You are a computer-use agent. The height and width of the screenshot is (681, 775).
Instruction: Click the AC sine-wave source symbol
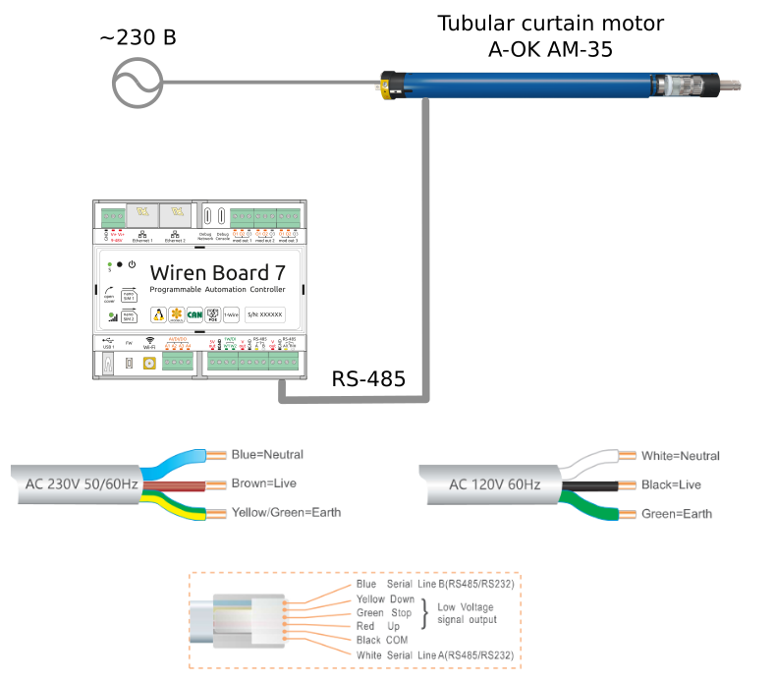point(138,81)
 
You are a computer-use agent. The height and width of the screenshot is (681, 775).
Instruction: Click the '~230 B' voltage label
point(138,38)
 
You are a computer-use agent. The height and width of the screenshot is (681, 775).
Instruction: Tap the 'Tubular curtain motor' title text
point(550,23)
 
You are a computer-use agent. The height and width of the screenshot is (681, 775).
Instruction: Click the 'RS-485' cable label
point(367,379)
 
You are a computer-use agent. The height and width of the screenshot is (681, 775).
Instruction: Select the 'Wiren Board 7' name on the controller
point(217,271)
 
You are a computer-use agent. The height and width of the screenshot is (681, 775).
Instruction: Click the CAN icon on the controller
point(194,314)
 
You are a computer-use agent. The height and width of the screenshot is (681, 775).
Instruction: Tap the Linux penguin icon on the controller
point(157,314)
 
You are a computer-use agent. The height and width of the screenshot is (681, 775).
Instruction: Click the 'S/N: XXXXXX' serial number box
point(264,314)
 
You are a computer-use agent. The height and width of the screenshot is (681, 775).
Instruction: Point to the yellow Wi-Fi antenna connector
point(148,364)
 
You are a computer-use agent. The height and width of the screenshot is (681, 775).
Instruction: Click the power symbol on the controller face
point(132,264)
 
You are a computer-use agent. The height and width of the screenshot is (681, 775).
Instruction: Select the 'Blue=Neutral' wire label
point(267,455)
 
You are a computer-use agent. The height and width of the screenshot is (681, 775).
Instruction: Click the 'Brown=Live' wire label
point(263,483)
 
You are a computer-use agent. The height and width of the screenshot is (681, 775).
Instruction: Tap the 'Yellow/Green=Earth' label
point(286,513)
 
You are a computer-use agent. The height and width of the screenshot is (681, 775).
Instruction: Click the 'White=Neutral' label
point(680,456)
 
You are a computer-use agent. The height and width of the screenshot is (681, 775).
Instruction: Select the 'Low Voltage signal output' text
point(467,612)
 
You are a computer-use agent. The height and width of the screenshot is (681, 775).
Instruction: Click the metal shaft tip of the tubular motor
point(731,83)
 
